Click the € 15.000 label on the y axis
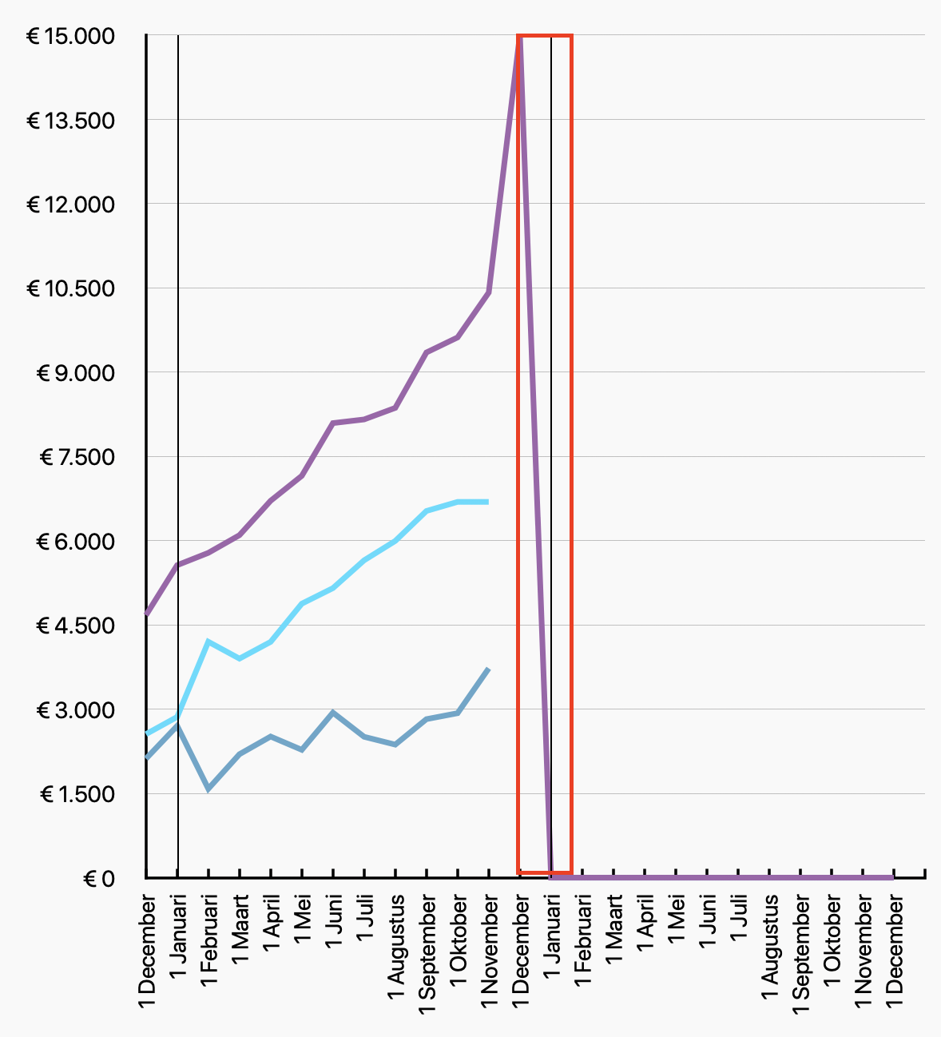click(70, 37)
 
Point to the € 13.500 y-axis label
click(70, 121)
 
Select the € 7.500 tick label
click(77, 458)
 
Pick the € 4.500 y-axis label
click(75, 626)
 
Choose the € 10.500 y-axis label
click(70, 288)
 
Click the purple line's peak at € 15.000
click(519, 37)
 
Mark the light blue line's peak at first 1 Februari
click(208, 642)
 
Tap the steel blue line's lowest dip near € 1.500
click(208, 789)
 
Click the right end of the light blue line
click(487, 502)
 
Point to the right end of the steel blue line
click(487, 669)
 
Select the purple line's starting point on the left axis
click(147, 614)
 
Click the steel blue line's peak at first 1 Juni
click(333, 712)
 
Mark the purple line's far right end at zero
click(892, 877)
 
